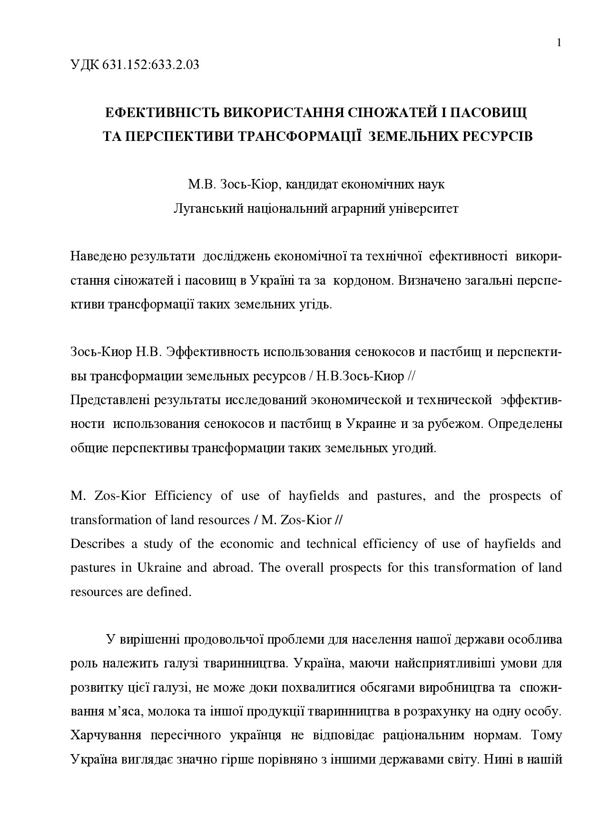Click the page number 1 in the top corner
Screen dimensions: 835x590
click(x=559, y=43)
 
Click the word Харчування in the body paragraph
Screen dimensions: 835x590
click(x=106, y=736)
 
